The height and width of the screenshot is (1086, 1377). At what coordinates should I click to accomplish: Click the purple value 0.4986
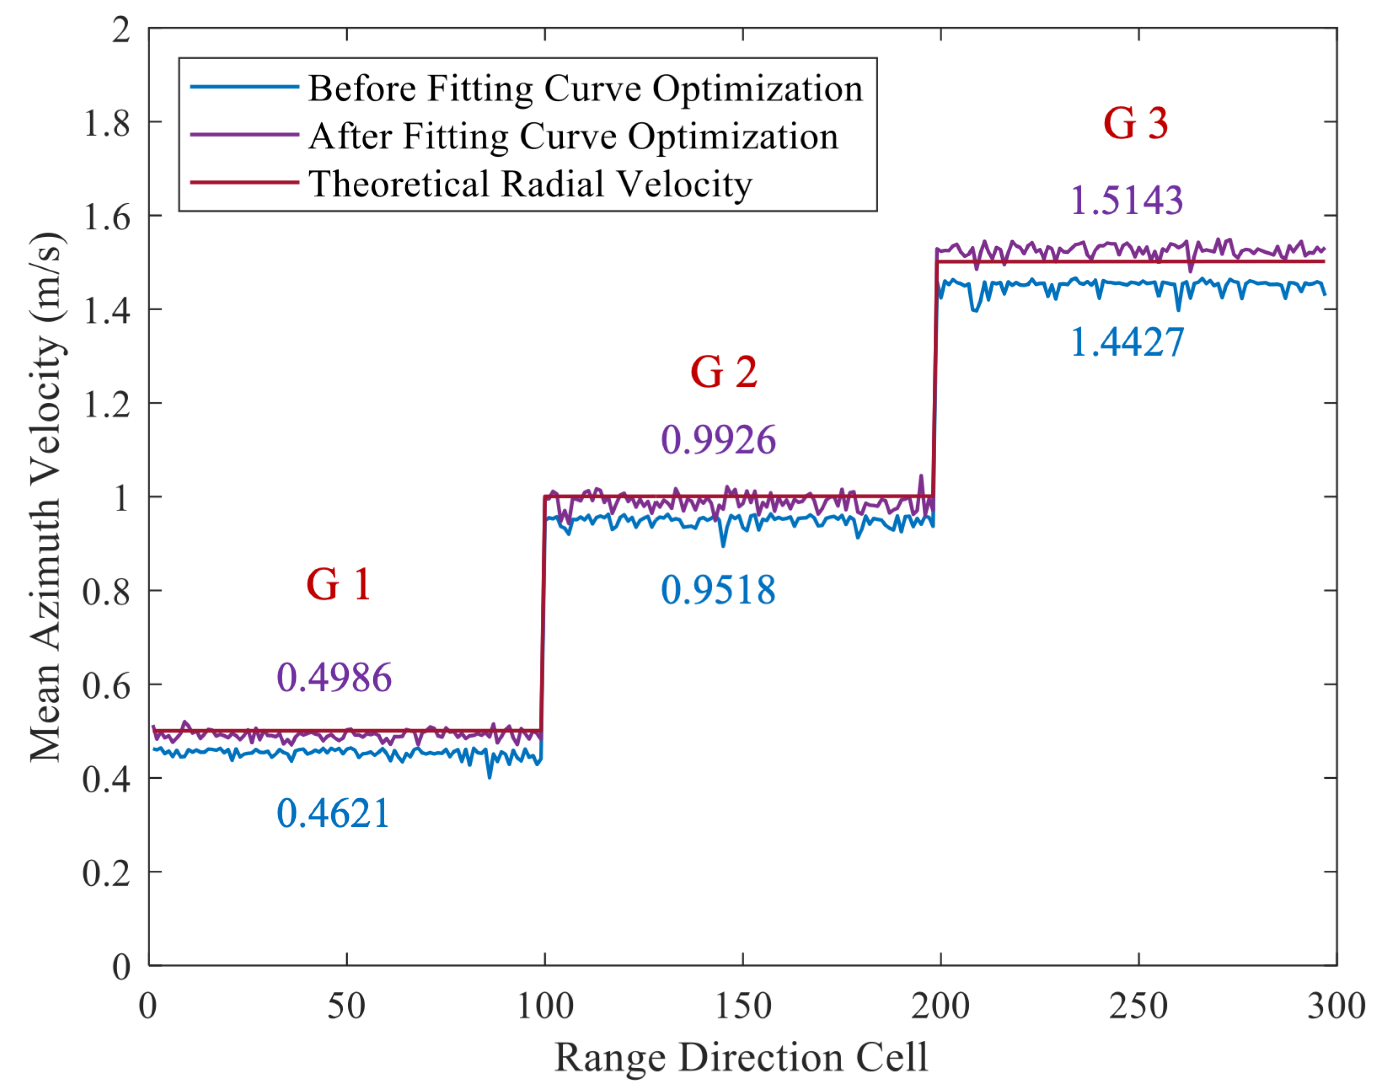334,677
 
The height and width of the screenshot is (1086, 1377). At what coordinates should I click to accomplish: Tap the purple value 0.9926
719,440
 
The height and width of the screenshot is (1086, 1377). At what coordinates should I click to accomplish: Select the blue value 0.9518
719,590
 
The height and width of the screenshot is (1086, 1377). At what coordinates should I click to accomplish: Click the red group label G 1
338,585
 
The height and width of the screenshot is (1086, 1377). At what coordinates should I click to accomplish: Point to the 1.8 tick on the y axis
107,123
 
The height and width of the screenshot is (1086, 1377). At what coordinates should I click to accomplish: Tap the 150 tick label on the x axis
743,1006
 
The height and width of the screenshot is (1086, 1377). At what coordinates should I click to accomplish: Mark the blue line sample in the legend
245,87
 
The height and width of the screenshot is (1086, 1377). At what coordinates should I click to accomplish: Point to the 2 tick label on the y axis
121,30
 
